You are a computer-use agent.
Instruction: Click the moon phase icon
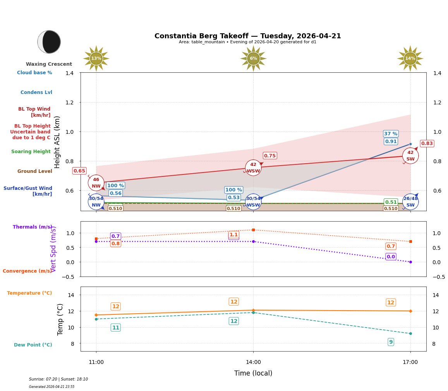pyautogui.click(x=49, y=42)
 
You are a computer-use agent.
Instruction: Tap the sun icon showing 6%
pyautogui.click(x=253, y=58)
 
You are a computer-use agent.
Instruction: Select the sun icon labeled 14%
pyautogui.click(x=410, y=58)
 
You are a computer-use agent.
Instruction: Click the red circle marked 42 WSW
pyautogui.click(x=253, y=168)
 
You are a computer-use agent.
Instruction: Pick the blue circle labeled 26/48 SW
pyautogui.click(x=410, y=201)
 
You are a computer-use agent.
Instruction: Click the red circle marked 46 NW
pyautogui.click(x=96, y=183)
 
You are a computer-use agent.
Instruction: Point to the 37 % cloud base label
pyautogui.click(x=391, y=134)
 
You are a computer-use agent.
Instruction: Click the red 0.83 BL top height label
pyautogui.click(x=427, y=143)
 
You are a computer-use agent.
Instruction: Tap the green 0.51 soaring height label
pyautogui.click(x=391, y=202)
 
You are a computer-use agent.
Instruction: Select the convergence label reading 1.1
pyautogui.click(x=233, y=235)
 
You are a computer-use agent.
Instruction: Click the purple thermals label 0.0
pyautogui.click(x=391, y=257)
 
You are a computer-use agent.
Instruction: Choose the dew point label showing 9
pyautogui.click(x=391, y=342)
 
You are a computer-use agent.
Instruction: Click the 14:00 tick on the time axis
pyautogui.click(x=253, y=362)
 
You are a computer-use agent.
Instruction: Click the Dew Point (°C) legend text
pyautogui.click(x=33, y=345)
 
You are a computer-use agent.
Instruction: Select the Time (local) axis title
pyautogui.click(x=253, y=373)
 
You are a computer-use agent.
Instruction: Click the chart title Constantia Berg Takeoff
pyautogui.click(x=248, y=36)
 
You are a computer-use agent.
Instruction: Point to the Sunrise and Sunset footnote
pyautogui.click(x=58, y=379)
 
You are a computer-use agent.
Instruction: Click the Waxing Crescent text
pyautogui.click(x=49, y=64)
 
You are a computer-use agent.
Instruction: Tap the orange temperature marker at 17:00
pyautogui.click(x=410, y=311)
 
